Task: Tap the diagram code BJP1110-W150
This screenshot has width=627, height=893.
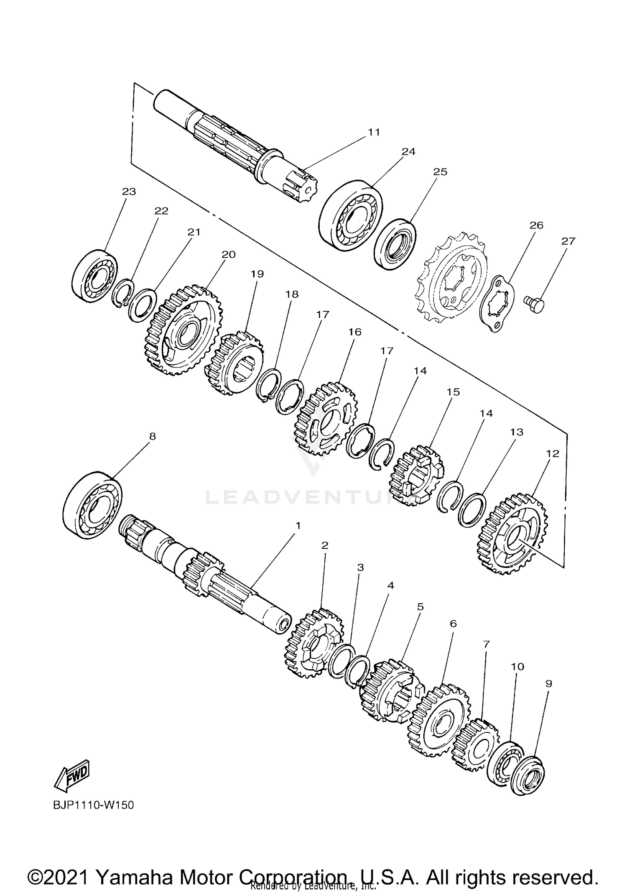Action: (94, 805)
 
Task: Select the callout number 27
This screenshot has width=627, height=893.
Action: (568, 241)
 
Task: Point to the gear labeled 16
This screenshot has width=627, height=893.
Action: (326, 418)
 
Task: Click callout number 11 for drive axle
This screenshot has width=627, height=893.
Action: (374, 132)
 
